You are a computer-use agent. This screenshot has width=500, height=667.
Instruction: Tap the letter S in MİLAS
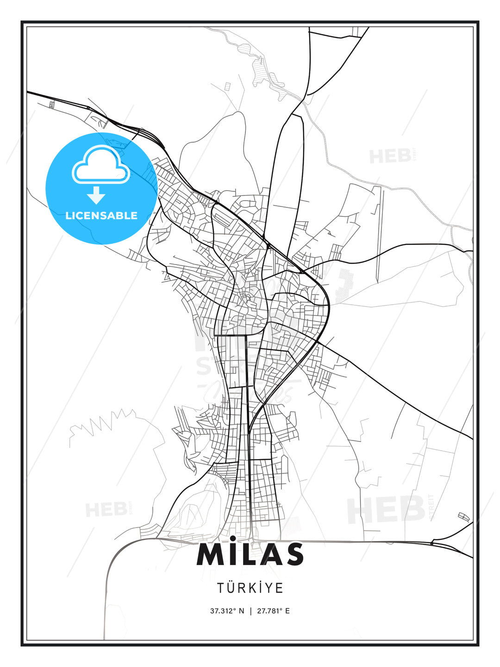[292, 554]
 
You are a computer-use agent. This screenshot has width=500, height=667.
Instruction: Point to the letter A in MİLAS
[267, 554]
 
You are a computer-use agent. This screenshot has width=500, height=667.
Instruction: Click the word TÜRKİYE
[250, 588]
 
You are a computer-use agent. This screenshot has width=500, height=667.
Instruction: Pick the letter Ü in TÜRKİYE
[231, 588]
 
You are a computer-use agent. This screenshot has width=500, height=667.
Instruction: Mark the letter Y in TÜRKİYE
[270, 588]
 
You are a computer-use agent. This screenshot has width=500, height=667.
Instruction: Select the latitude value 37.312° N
[227, 611]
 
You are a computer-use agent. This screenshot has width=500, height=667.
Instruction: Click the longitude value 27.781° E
[274, 611]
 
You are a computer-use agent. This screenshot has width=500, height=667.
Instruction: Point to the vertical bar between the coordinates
[250, 611]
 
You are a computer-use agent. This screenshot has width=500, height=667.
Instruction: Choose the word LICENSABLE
[101, 215]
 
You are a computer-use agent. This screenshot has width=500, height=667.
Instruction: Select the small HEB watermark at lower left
[106, 510]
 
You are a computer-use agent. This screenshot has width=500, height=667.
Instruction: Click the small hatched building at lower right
[463, 516]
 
